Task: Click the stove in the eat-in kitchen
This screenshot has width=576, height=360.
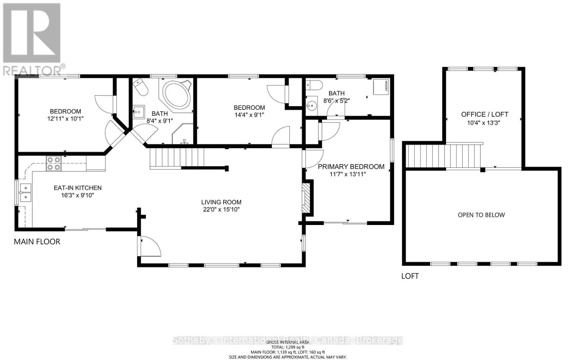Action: point(54,163)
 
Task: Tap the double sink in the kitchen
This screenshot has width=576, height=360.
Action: point(25,192)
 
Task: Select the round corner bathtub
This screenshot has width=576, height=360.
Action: point(176,95)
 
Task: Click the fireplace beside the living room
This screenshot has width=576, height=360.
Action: point(305,198)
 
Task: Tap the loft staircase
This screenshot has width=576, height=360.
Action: point(444,155)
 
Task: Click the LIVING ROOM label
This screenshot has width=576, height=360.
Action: point(221,202)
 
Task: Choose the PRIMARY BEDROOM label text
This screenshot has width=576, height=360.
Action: point(351,167)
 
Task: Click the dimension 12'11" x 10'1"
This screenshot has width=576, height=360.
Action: point(66,118)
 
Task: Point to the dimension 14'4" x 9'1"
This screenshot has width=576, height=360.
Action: point(249,114)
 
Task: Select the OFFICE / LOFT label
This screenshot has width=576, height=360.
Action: point(485,114)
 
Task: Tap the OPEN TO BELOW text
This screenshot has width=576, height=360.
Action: point(481,215)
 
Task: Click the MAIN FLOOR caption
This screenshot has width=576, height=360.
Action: point(37,242)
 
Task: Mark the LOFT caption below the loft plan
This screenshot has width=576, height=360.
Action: point(410,276)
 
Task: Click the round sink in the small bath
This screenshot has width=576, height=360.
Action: point(311,105)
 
